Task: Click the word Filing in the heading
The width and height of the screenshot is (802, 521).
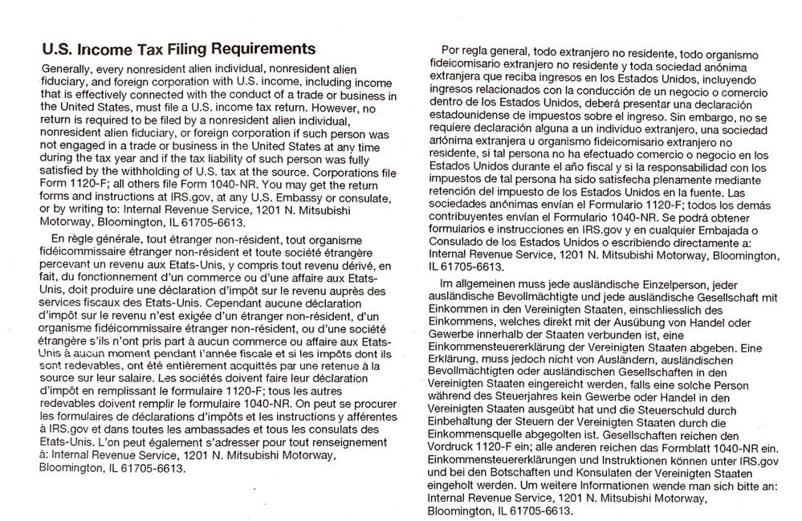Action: [179, 49]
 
